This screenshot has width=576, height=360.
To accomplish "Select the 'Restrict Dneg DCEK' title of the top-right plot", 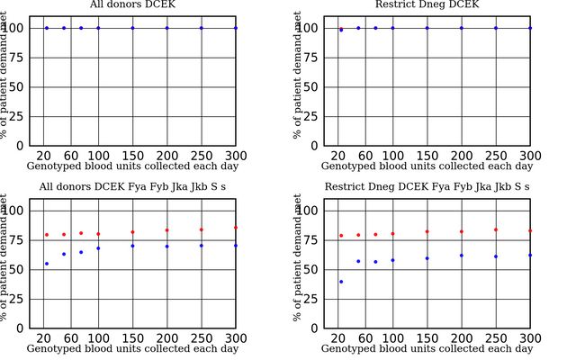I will click(427, 4).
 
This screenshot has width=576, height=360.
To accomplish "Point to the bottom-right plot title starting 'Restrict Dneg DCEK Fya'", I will click(427, 186).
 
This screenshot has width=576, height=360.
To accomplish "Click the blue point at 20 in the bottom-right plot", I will click(341, 282).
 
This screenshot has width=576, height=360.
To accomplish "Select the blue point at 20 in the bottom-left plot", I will click(47, 264).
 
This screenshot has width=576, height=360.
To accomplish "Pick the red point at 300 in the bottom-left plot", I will click(236, 228).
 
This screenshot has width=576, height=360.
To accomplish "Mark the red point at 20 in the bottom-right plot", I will click(341, 236).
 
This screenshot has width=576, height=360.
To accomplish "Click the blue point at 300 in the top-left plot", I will click(236, 28).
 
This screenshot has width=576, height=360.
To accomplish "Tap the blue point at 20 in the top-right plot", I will click(341, 30).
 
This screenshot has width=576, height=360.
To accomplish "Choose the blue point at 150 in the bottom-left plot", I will click(132, 246).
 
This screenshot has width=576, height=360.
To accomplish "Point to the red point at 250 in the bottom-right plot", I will click(496, 229).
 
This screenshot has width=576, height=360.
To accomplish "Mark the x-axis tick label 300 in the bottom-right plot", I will click(530, 338).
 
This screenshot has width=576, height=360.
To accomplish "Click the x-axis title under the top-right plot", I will click(427, 166).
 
